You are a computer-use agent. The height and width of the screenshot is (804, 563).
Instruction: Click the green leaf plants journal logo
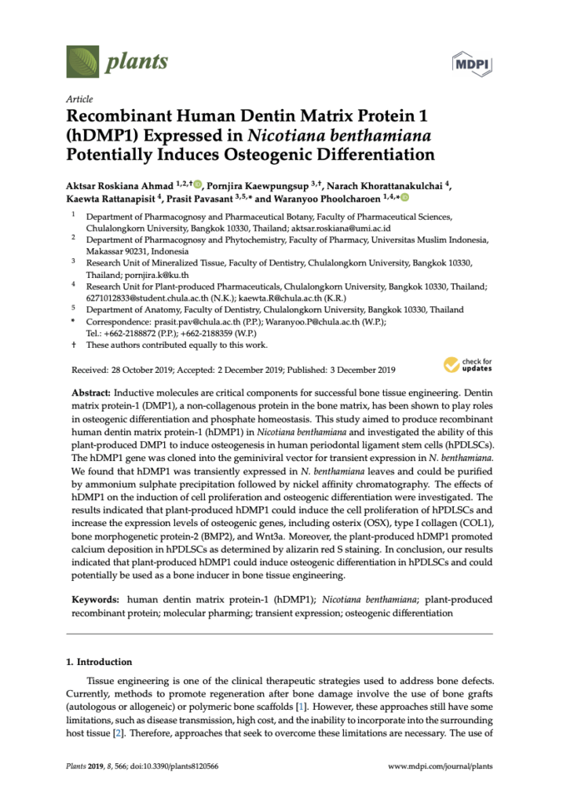[x=82, y=60]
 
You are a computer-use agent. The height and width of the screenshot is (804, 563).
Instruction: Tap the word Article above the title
[x=79, y=100]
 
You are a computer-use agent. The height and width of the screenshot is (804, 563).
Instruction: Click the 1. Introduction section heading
[x=101, y=662]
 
